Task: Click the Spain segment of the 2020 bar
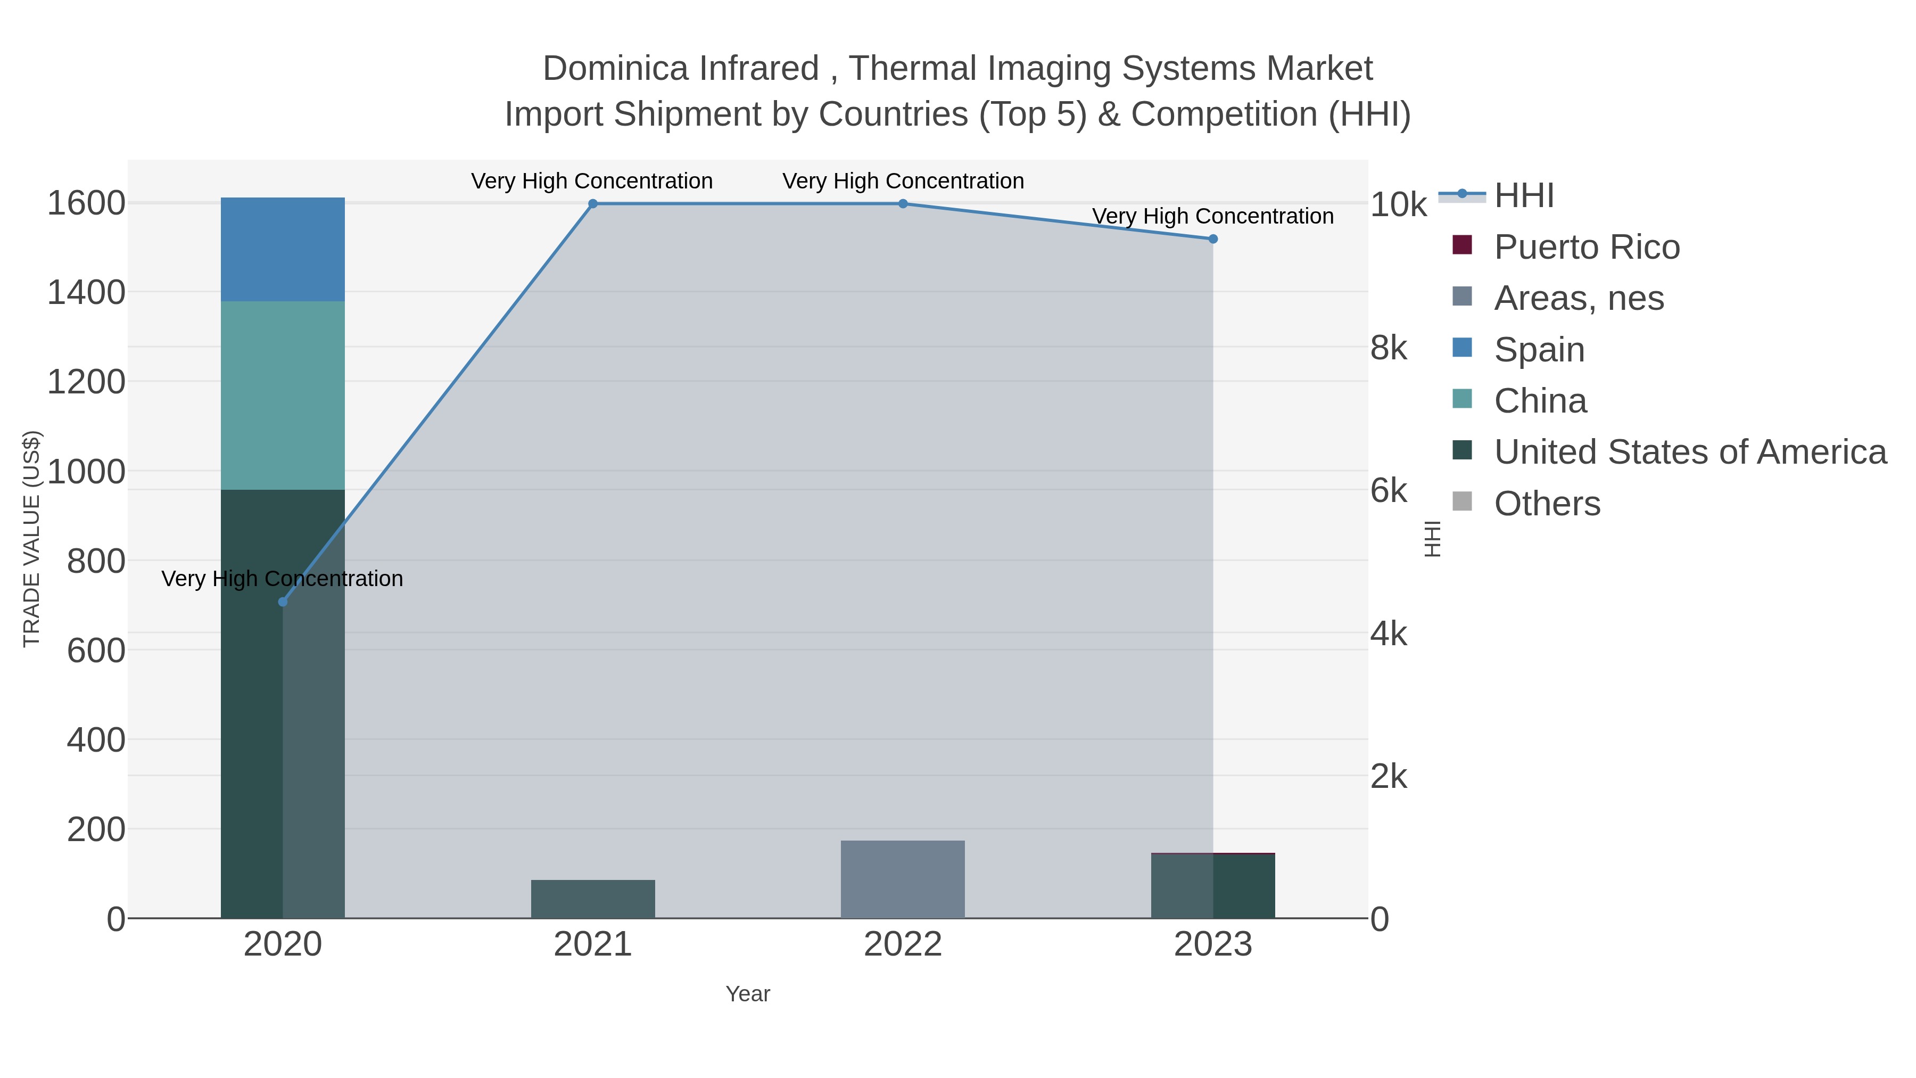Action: point(283,249)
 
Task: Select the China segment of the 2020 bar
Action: point(283,395)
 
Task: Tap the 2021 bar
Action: point(593,899)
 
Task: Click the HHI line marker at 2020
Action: point(283,602)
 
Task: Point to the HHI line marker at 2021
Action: point(593,204)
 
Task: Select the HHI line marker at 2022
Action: point(903,204)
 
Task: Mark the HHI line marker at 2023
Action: point(1213,239)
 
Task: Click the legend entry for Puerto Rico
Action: point(1587,247)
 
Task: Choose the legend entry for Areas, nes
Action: point(1579,298)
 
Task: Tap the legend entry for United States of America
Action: point(1690,452)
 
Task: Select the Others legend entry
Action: point(1547,504)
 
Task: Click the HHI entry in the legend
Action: point(1523,196)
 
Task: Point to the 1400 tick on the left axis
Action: point(86,292)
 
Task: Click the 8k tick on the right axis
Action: point(1389,348)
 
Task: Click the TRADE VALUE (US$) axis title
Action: point(31,539)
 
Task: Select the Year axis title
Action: point(748,994)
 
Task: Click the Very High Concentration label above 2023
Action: point(1212,217)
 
